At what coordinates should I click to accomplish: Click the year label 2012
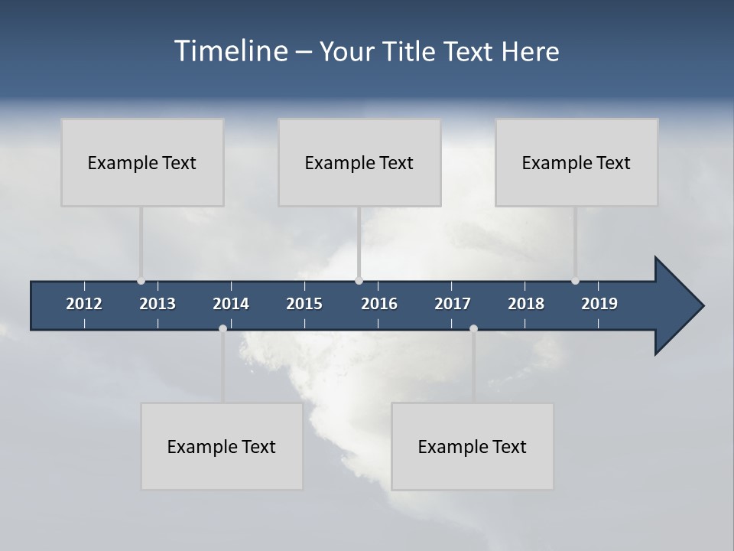[84, 304]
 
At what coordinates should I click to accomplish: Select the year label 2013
[158, 304]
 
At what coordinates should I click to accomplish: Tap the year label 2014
[231, 304]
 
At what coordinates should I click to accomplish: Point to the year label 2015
[304, 304]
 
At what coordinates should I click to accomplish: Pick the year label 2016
[379, 304]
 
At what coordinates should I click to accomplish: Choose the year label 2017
[453, 304]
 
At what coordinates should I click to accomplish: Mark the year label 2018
[526, 304]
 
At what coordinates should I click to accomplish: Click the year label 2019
[599, 304]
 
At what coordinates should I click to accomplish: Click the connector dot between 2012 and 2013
[141, 281]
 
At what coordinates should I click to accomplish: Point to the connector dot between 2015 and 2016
[359, 281]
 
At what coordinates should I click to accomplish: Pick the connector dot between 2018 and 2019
[575, 281]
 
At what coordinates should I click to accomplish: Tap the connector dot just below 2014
[222, 328]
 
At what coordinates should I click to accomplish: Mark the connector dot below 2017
[473, 328]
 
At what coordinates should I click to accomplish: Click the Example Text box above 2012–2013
[142, 162]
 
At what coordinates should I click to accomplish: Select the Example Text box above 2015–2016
[359, 162]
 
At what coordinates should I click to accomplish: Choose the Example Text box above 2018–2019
[576, 162]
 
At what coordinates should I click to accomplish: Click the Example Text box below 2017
[473, 446]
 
